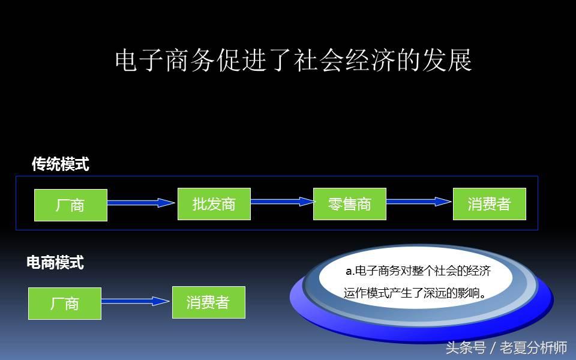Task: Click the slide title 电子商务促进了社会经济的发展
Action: pyautogui.click(x=293, y=60)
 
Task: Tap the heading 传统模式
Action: pyautogui.click(x=61, y=164)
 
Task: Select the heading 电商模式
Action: pyautogui.click(x=55, y=262)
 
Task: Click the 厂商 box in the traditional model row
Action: pyautogui.click(x=71, y=205)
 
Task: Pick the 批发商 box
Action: pyautogui.click(x=214, y=204)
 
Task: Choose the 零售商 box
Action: pyautogui.click(x=350, y=204)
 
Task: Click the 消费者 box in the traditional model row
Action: pyautogui.click(x=490, y=204)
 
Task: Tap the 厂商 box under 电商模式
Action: pyautogui.click(x=65, y=304)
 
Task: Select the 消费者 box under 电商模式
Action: pyautogui.click(x=209, y=302)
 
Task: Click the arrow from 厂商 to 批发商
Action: pyautogui.click(x=141, y=202)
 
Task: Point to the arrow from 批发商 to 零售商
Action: pyautogui.click(x=282, y=202)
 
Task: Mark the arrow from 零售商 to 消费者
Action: pyautogui.click(x=419, y=202)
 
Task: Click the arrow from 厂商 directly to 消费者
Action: pyautogui.click(x=135, y=301)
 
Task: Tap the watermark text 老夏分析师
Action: pyautogui.click(x=533, y=347)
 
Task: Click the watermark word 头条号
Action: pyautogui.click(x=466, y=347)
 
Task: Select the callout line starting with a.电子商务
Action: pyautogui.click(x=418, y=271)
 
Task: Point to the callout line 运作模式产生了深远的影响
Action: pyautogui.click(x=415, y=293)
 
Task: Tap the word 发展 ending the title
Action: pyautogui.click(x=447, y=60)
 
